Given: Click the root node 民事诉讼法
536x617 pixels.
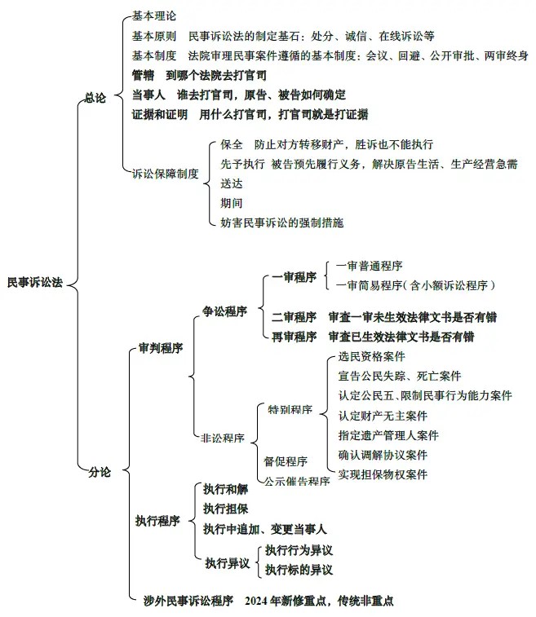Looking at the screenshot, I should click(34, 282).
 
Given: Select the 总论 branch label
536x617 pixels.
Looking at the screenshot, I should click(96, 97).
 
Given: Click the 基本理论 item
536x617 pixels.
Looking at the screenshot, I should click(153, 16).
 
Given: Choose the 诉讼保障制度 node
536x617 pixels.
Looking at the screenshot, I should click(166, 173).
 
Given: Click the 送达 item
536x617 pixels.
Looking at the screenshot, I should click(232, 183).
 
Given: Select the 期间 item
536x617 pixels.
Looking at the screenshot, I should click(232, 203).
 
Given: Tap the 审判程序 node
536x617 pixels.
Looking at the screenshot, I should click(160, 348).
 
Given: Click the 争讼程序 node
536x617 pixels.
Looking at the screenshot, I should click(225, 311).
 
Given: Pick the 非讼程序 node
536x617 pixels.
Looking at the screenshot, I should click(223, 438).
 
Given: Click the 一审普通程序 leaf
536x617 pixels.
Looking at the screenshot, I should click(369, 266).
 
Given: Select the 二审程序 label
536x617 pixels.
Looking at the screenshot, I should click(295, 317).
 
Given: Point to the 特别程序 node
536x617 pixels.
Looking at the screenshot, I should click(290, 409).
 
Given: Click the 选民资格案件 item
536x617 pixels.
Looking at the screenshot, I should click(371, 356).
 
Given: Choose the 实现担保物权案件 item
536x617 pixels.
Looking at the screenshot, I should click(383, 474).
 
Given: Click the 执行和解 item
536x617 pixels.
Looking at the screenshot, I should click(226, 489).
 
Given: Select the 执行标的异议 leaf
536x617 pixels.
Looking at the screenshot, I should click(299, 569).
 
